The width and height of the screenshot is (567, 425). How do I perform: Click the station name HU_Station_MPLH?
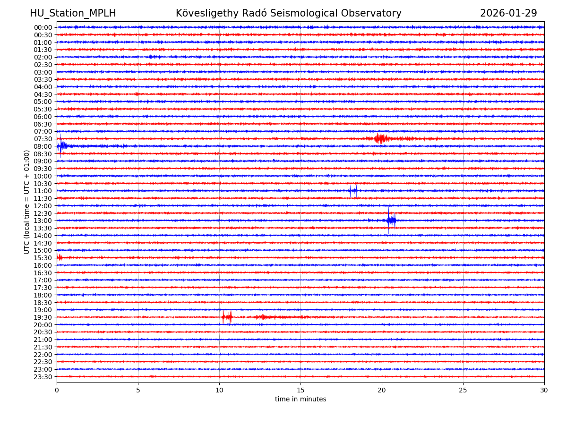point(73,13)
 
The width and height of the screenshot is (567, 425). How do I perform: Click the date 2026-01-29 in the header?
point(508,13)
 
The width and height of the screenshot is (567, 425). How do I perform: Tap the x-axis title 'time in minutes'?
point(301,399)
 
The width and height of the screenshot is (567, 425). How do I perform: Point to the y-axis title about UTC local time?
point(27,202)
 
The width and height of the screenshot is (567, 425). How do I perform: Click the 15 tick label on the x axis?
point(301,391)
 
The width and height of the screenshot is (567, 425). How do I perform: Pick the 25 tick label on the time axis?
point(463,391)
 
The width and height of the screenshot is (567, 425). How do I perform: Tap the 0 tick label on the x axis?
point(57,391)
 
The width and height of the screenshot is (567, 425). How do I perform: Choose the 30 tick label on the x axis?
point(544,391)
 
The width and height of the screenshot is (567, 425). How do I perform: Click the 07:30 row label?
point(43,139)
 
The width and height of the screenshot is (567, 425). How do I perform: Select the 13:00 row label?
point(43,221)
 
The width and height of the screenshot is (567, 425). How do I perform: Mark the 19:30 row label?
point(43,317)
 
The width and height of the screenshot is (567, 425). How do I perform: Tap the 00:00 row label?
point(43,27)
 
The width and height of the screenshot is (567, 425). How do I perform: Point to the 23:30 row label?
point(43,377)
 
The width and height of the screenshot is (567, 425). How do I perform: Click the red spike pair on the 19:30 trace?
point(227,317)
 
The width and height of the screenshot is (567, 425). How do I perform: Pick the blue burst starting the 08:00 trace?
point(62,146)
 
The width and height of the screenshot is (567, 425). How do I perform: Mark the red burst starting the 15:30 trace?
point(60,257)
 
